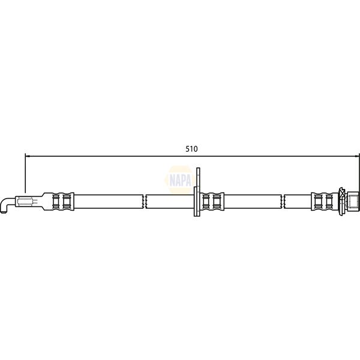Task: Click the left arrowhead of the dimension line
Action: point(28,155)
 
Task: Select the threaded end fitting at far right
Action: point(353,201)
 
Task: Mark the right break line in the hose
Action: point(284,201)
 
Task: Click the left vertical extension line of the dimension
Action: point(25,174)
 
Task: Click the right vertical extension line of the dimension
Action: point(359,174)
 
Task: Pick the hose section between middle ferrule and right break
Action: point(252,201)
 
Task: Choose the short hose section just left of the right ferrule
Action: point(298,201)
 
